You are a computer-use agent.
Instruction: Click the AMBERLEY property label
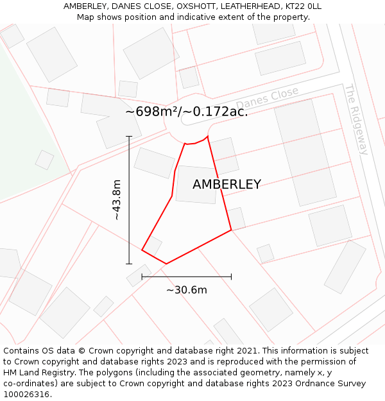coord(227,185)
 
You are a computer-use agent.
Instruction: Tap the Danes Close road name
coord(267,99)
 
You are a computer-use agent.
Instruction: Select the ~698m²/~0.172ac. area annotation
coord(186,112)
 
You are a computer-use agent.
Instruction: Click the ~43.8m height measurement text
coord(116,200)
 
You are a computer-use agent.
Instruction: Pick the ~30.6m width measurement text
coord(186,290)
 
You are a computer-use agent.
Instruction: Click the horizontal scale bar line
coord(186,277)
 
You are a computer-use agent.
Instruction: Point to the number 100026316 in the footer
coord(26,395)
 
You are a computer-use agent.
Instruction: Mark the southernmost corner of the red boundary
coord(166,264)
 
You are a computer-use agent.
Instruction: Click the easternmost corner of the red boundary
coord(231,230)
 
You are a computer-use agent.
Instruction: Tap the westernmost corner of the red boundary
coord(142,250)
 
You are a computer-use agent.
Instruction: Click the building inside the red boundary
coord(195,185)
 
